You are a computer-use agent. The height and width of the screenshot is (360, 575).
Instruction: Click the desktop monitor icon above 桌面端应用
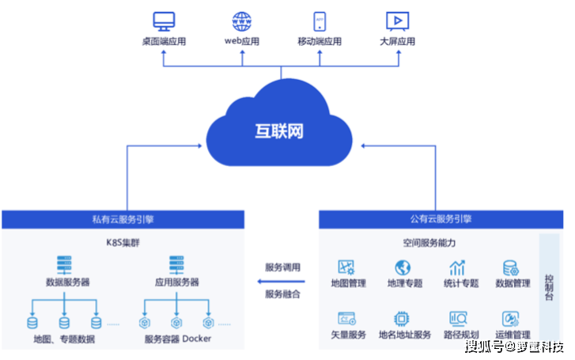[164, 21]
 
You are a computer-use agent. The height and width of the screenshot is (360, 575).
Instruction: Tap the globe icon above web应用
[241, 21]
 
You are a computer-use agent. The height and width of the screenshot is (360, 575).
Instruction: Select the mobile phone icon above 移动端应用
[320, 21]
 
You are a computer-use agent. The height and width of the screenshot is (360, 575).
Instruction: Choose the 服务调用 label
[282, 267]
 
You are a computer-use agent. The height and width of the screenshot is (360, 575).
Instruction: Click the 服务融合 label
[282, 294]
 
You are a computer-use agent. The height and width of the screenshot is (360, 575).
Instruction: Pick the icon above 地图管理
[347, 267]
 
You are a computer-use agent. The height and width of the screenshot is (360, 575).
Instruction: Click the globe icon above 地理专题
[403, 267]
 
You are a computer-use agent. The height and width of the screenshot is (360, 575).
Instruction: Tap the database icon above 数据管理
[511, 267]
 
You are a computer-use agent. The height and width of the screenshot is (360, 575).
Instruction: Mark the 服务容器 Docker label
[178, 339]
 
